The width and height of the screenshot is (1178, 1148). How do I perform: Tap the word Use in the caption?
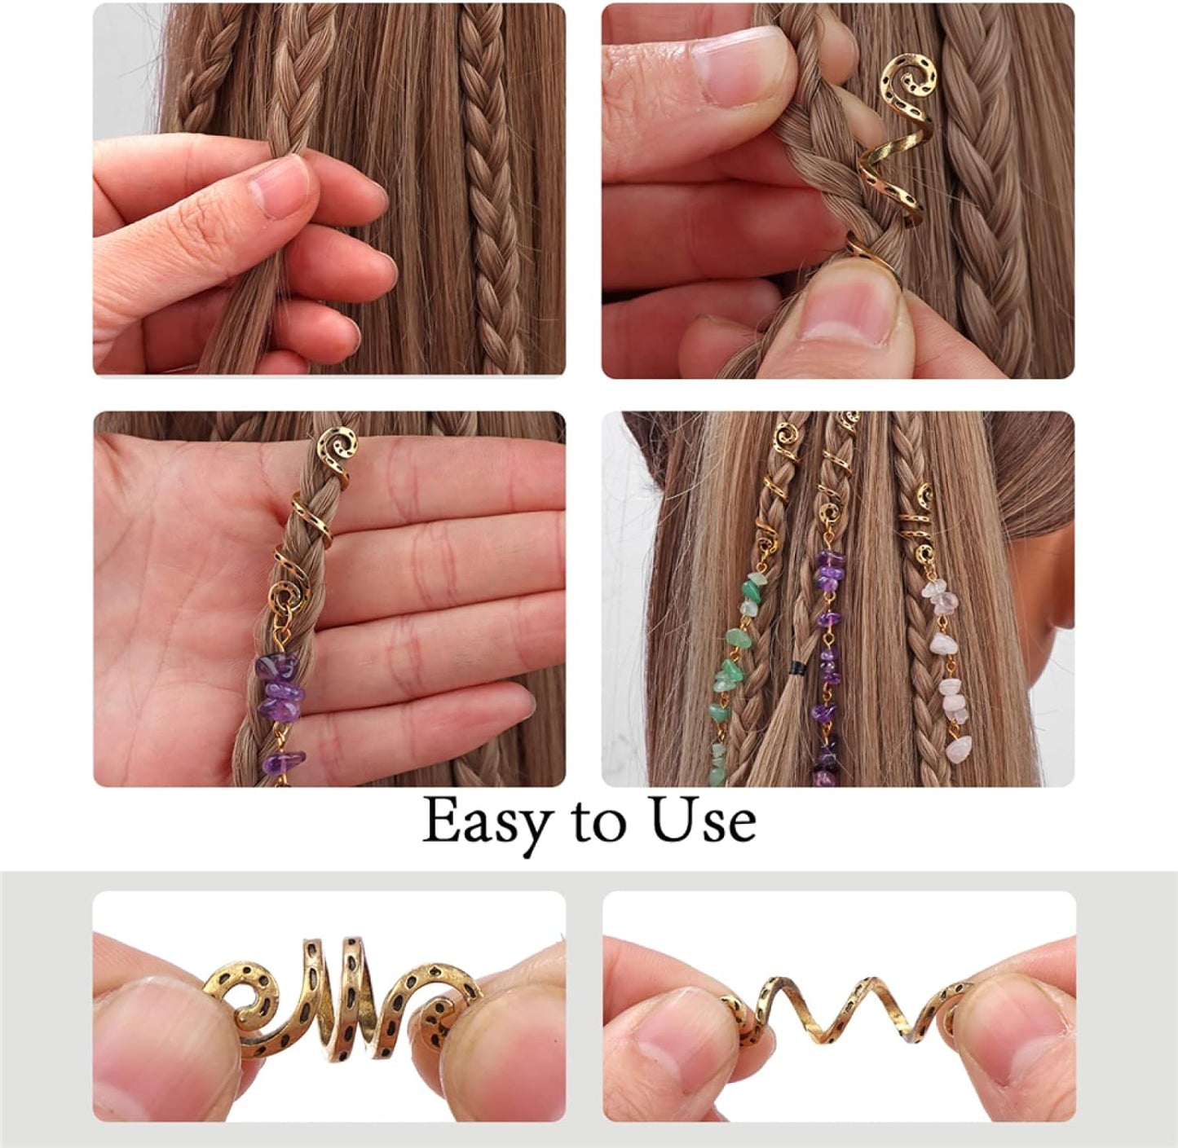pos(702,821)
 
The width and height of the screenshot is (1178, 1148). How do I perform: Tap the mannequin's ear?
pos(1060,587)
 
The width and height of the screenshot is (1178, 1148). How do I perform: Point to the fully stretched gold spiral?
pos(848,1007)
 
